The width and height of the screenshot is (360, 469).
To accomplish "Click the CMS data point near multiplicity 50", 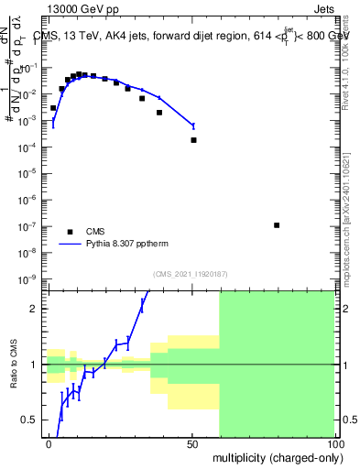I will (193, 140).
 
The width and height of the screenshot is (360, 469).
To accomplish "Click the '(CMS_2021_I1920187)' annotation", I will (191, 273).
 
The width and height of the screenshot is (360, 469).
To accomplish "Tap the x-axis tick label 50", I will (191, 443).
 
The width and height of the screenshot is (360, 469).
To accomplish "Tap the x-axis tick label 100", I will (333, 443).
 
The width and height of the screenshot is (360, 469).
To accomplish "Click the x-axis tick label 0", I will (49, 443).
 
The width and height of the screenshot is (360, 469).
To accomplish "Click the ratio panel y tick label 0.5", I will (31, 420).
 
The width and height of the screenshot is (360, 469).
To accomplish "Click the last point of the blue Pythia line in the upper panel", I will (193, 125).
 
